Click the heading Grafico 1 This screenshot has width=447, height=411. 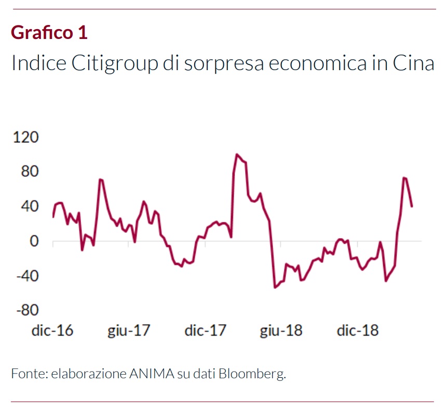[49, 32]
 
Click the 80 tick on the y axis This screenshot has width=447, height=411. [29, 172]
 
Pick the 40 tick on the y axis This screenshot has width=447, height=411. [29, 207]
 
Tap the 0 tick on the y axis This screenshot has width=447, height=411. [34, 241]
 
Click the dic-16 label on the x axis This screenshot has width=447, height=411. [52, 331]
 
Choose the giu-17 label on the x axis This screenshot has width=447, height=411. [129, 331]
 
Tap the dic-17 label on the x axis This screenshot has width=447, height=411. [206, 331]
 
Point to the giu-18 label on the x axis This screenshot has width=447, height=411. [281, 331]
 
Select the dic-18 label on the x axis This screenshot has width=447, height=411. [358, 331]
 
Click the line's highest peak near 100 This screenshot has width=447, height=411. [237, 154]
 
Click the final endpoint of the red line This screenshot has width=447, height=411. [412, 207]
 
